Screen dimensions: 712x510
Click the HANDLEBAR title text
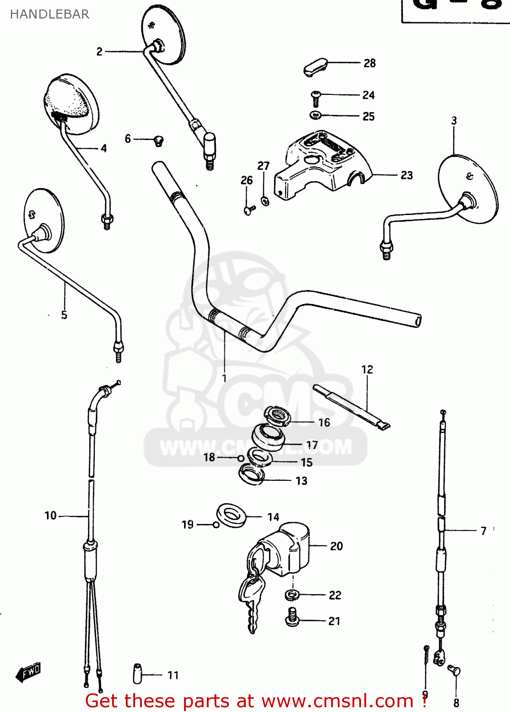49,14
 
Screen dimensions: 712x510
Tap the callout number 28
370,63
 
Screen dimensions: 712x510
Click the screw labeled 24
315,98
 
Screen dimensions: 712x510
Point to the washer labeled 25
315,115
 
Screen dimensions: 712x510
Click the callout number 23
407,175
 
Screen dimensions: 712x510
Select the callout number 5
64,315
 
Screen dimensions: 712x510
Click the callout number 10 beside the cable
50,515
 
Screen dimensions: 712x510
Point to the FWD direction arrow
28,672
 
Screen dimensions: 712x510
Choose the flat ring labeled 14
232,515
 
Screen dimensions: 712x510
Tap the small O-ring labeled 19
216,525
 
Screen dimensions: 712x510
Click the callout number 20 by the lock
336,546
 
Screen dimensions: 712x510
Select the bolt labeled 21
292,617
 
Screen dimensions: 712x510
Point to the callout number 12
367,369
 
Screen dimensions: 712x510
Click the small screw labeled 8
454,671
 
